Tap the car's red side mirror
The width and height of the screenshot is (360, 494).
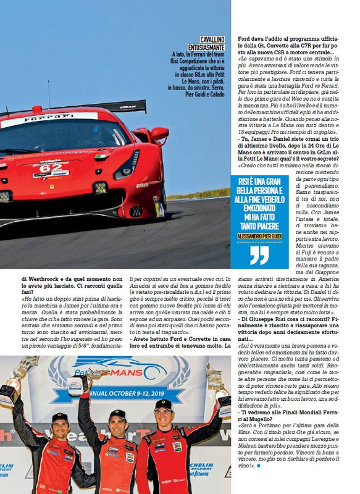[x=159, y=133]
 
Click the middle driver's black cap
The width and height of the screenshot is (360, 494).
[x=117, y=414]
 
